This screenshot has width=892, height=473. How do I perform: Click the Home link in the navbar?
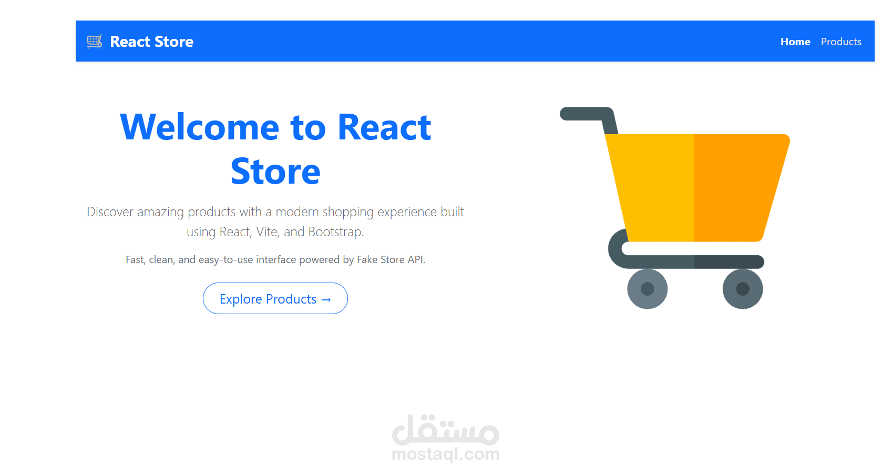[795, 42]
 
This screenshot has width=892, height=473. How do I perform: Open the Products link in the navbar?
[840, 42]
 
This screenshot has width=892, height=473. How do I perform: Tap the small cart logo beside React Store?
[94, 41]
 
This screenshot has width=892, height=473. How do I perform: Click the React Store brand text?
[151, 42]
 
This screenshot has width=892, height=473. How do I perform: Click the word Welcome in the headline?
[199, 128]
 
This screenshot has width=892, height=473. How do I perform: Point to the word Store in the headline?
[275, 172]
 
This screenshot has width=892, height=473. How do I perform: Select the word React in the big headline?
[384, 128]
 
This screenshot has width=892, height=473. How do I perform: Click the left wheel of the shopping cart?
[647, 289]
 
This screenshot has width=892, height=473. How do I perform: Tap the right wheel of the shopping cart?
[742, 289]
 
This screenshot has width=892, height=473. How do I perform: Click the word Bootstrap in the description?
[335, 232]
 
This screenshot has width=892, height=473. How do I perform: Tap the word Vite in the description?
[267, 232]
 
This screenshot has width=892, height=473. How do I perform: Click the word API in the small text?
[415, 259]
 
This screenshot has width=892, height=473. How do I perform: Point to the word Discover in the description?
[110, 212]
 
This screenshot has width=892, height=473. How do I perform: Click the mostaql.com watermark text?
[445, 454]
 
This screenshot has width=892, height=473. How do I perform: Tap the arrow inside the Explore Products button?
[326, 299]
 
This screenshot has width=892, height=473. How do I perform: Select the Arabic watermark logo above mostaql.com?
[445, 430]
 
